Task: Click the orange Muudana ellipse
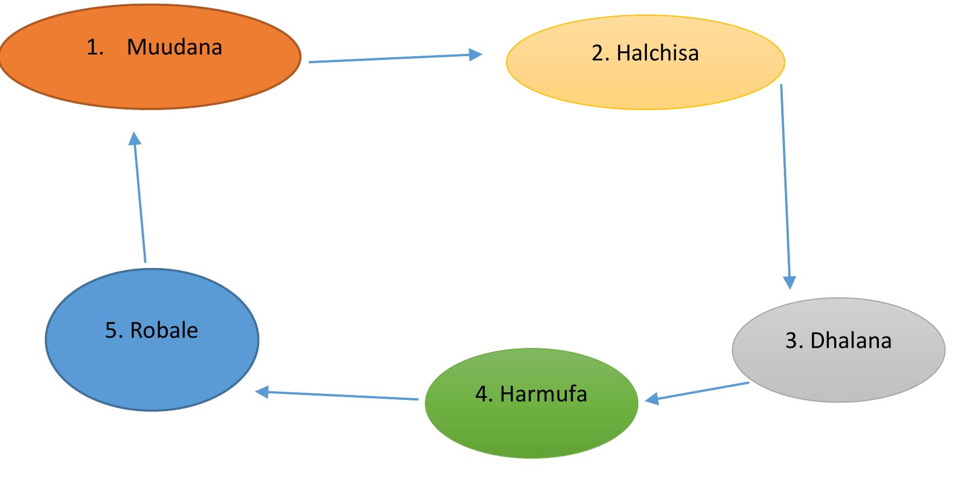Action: (x=150, y=76)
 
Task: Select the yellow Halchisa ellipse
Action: (x=645, y=81)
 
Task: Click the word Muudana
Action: (x=174, y=47)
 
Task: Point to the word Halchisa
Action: (x=658, y=53)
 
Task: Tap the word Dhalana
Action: (x=851, y=340)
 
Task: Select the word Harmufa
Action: (x=543, y=394)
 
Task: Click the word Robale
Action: (x=164, y=330)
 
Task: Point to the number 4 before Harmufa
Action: (x=482, y=394)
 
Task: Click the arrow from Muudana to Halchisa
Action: (x=395, y=58)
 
